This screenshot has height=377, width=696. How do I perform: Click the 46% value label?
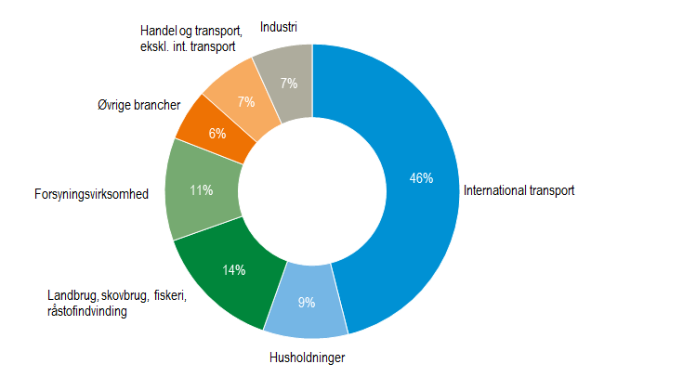(421, 178)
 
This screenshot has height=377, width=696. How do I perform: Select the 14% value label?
(233, 270)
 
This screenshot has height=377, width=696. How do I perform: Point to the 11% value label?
(202, 190)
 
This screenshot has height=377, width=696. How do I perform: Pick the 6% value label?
(217, 134)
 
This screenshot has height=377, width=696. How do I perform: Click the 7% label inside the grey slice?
(289, 84)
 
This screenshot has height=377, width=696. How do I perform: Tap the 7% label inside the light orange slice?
(246, 102)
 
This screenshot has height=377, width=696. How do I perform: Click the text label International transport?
(519, 191)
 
